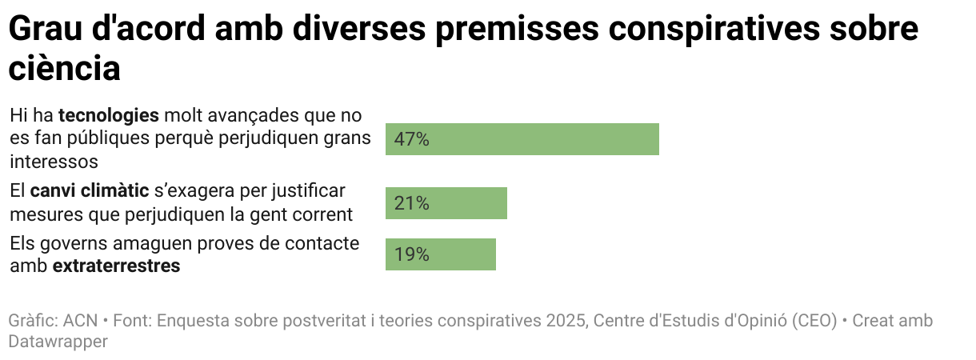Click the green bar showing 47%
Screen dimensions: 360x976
[x=522, y=139]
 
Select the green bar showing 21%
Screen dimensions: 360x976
[x=446, y=203]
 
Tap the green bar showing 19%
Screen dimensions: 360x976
[x=440, y=254]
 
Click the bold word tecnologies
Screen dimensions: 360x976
[x=109, y=114]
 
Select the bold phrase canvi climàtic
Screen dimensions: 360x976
[x=90, y=191]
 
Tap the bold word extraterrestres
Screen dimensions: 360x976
[x=116, y=266]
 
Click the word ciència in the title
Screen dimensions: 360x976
[x=64, y=69]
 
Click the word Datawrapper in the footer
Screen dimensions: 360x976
[x=58, y=341]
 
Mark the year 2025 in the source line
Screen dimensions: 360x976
[x=566, y=321]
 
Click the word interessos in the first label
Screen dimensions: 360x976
[x=54, y=161]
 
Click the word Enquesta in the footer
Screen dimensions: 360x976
[x=192, y=321]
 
